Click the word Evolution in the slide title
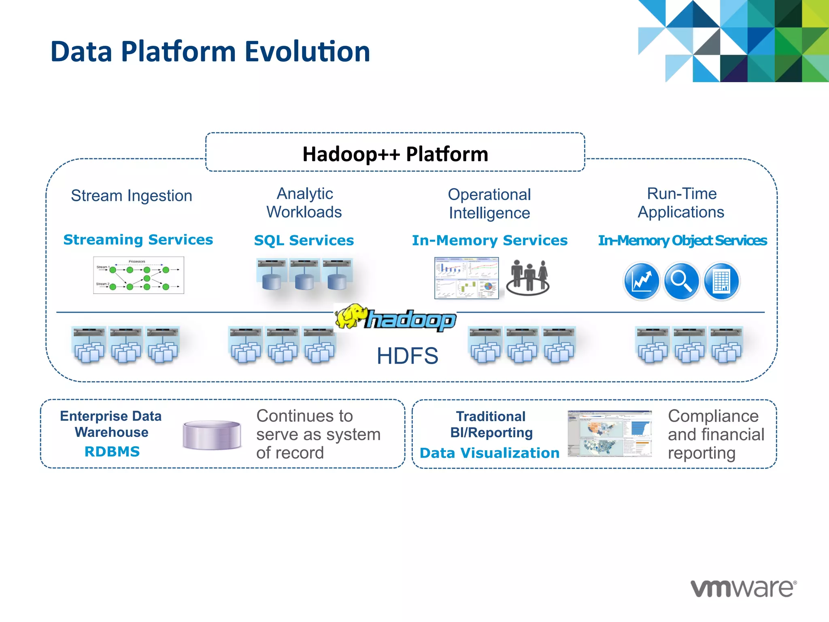click(307, 52)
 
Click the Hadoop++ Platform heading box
click(395, 153)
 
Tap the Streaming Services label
click(138, 240)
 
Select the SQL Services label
click(304, 241)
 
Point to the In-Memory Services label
click(489, 241)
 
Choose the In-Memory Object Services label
click(682, 241)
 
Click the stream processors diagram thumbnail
click(138, 275)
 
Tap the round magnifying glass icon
click(681, 281)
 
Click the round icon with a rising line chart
click(641, 281)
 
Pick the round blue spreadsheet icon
click(721, 281)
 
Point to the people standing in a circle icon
click(528, 278)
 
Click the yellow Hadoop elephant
click(351, 316)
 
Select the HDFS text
click(407, 356)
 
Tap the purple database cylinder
click(212, 435)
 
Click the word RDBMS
click(112, 452)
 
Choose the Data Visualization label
click(489, 453)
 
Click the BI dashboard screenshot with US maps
click(609, 434)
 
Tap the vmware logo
click(743, 588)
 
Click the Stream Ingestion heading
click(131, 196)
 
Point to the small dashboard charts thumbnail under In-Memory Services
click(466, 278)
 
